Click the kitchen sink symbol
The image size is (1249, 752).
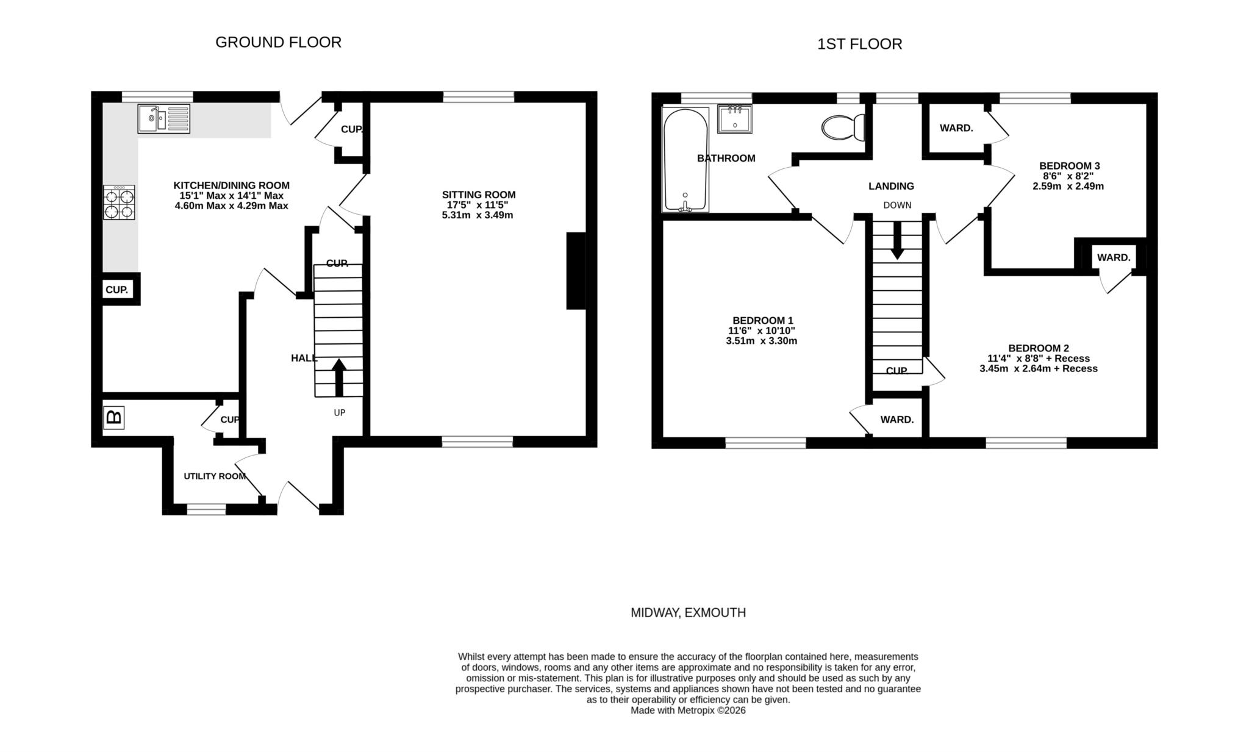pos(163,118)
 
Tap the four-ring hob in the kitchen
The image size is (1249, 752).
pos(119,203)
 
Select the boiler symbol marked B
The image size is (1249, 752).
pos(113,418)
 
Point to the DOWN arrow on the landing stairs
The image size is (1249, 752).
pos(897,240)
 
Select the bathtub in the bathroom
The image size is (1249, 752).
pos(685,160)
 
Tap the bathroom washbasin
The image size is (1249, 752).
pos(734,118)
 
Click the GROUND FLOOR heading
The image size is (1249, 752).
pos(278,42)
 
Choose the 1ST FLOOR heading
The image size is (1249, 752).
pos(859,44)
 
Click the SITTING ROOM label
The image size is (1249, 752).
pos(478,195)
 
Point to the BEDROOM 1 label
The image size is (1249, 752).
pos(762,320)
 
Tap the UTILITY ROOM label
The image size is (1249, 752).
pos(215,476)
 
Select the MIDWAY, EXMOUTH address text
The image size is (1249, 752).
pos(688,612)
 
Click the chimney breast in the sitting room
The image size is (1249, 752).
pos(576,270)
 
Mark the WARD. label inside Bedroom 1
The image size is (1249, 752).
pos(896,420)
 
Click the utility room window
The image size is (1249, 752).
pos(206,509)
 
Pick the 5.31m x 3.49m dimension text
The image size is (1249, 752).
pos(477,215)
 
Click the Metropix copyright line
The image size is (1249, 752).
pos(688,711)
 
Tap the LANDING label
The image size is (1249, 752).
pos(891,186)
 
